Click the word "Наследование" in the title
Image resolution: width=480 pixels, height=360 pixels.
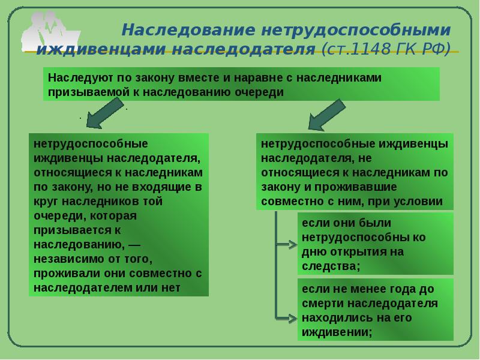coord(188,30)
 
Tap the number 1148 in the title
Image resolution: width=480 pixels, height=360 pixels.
coord(371,49)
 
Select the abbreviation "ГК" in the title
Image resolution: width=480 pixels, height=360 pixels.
coord(407,49)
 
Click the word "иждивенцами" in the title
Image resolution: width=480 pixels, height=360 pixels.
coord(101,50)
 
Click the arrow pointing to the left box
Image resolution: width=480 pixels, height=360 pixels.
coord(104,113)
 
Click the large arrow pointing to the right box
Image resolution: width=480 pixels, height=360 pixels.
coord(326,115)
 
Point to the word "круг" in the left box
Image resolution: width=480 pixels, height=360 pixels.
coord(46,202)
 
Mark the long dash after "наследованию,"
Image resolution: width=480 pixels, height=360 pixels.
coord(134,245)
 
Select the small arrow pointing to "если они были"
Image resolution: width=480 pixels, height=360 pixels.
coord(287,245)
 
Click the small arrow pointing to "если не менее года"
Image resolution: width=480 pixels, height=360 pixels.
coord(287,319)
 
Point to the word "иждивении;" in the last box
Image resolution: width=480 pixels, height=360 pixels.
coord(337,332)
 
